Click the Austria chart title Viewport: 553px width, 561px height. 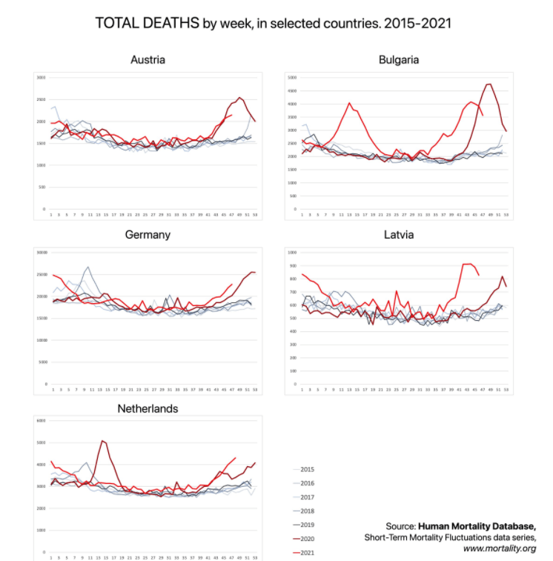[x=148, y=59]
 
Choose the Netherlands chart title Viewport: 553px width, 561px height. [x=148, y=408]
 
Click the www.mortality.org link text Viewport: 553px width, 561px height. [x=499, y=549]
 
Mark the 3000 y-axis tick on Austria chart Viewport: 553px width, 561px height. [x=41, y=77]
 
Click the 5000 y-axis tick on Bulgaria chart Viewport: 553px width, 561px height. [x=292, y=77]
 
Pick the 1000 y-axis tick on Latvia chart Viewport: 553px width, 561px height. [x=292, y=252]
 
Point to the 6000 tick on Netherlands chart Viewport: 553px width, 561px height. [x=41, y=420]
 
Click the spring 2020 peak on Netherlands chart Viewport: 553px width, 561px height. [x=102, y=441]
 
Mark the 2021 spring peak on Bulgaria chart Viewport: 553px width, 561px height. [x=350, y=103]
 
